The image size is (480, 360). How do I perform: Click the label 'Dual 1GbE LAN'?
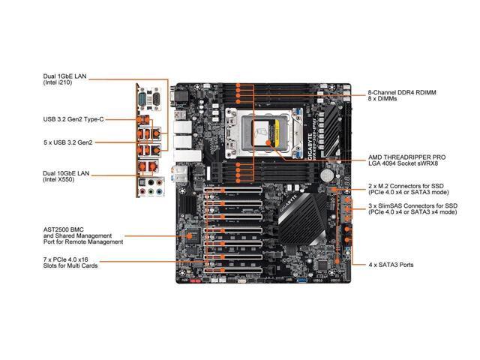click(x=65, y=76)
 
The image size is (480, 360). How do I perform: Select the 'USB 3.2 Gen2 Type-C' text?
click(x=73, y=119)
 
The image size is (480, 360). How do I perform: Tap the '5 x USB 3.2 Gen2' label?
click(x=68, y=142)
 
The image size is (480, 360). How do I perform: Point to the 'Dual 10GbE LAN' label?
click(x=66, y=173)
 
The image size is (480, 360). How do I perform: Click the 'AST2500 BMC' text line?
click(x=63, y=229)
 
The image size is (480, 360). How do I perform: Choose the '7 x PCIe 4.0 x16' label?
click(x=65, y=259)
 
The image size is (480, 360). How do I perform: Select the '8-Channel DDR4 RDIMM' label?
click(x=402, y=92)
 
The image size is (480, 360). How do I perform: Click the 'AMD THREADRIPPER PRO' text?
click(x=406, y=157)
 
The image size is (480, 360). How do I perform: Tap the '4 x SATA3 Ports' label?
click(x=391, y=265)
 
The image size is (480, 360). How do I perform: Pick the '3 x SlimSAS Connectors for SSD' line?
click(x=413, y=205)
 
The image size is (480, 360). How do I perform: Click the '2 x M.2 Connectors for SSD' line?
click(x=406, y=186)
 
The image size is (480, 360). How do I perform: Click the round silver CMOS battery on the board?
click(x=327, y=175)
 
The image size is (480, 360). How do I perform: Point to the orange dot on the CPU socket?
click(x=268, y=142)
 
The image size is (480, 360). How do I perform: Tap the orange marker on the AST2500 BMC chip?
click(x=190, y=236)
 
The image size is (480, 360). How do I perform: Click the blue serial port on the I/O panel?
click(x=142, y=100)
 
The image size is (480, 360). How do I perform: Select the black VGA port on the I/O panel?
click(x=156, y=100)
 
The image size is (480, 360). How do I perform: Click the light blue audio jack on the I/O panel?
click(x=159, y=192)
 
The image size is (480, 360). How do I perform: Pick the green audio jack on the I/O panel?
click(x=151, y=192)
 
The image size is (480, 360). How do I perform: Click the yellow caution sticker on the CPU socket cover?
click(x=277, y=130)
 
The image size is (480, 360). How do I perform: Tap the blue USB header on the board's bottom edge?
click(x=301, y=280)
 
